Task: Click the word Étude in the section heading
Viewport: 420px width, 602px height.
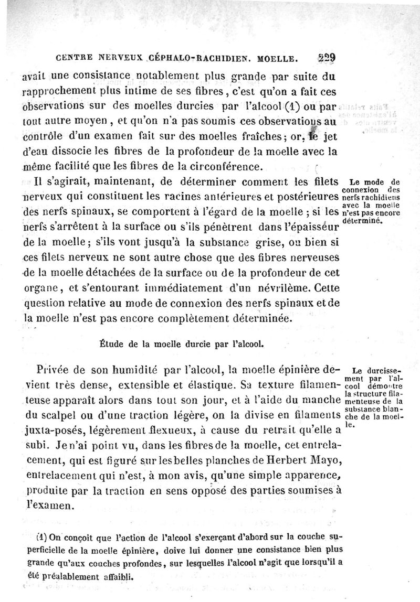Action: [x=111, y=345]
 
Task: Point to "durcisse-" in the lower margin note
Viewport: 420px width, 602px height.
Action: [x=380, y=369]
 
